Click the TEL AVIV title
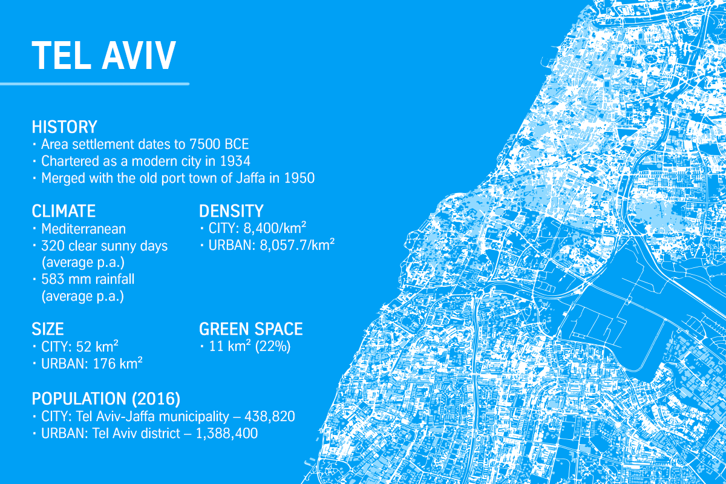(103, 56)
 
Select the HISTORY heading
(65, 127)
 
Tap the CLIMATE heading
(64, 211)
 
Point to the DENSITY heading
(231, 211)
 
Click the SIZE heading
(48, 329)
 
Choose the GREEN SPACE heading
(251, 329)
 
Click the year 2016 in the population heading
(156, 399)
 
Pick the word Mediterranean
(83, 229)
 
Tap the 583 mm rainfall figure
(88, 279)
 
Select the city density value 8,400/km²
(275, 228)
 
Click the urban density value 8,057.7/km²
(297, 245)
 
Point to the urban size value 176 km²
(117, 364)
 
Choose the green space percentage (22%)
(273, 347)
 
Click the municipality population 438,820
(270, 417)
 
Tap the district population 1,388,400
(227, 433)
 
